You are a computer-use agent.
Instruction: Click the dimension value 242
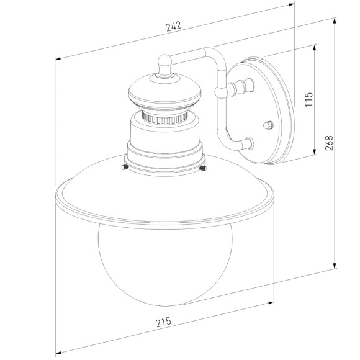point(173,26)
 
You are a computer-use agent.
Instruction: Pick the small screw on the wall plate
point(268,125)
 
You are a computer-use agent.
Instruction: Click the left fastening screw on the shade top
point(125,167)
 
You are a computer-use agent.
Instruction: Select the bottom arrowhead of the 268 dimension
point(336,266)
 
